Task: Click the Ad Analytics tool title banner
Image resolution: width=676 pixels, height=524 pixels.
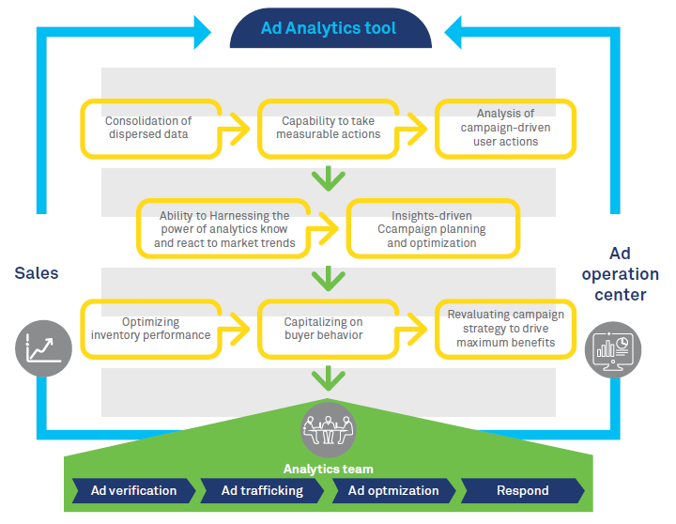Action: pyautogui.click(x=330, y=28)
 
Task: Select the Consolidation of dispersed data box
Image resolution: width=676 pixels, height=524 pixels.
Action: pyautogui.click(x=150, y=128)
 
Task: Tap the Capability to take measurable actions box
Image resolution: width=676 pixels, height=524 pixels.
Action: pyautogui.click(x=329, y=128)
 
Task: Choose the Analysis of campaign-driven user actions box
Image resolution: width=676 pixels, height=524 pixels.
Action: pyautogui.click(x=505, y=128)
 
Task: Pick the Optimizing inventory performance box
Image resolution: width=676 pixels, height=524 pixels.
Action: pyautogui.click(x=150, y=329)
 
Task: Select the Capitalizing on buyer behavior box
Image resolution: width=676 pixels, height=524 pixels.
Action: pyautogui.click(x=329, y=329)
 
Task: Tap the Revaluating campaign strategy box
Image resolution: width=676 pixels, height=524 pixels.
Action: pyautogui.click(x=505, y=329)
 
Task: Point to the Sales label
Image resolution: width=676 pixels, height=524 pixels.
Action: pyautogui.click(x=37, y=273)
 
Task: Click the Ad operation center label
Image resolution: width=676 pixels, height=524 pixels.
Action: pyautogui.click(x=620, y=274)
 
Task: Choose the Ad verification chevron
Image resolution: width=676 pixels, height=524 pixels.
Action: pyautogui.click(x=133, y=491)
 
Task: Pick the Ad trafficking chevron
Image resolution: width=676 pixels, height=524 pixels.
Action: pyautogui.click(x=263, y=491)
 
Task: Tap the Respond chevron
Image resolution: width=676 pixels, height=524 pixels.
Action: pyautogui.click(x=521, y=491)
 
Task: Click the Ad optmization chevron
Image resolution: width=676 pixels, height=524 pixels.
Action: pyautogui.click(x=393, y=491)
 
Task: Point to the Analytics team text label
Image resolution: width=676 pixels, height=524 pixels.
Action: pyautogui.click(x=329, y=469)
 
